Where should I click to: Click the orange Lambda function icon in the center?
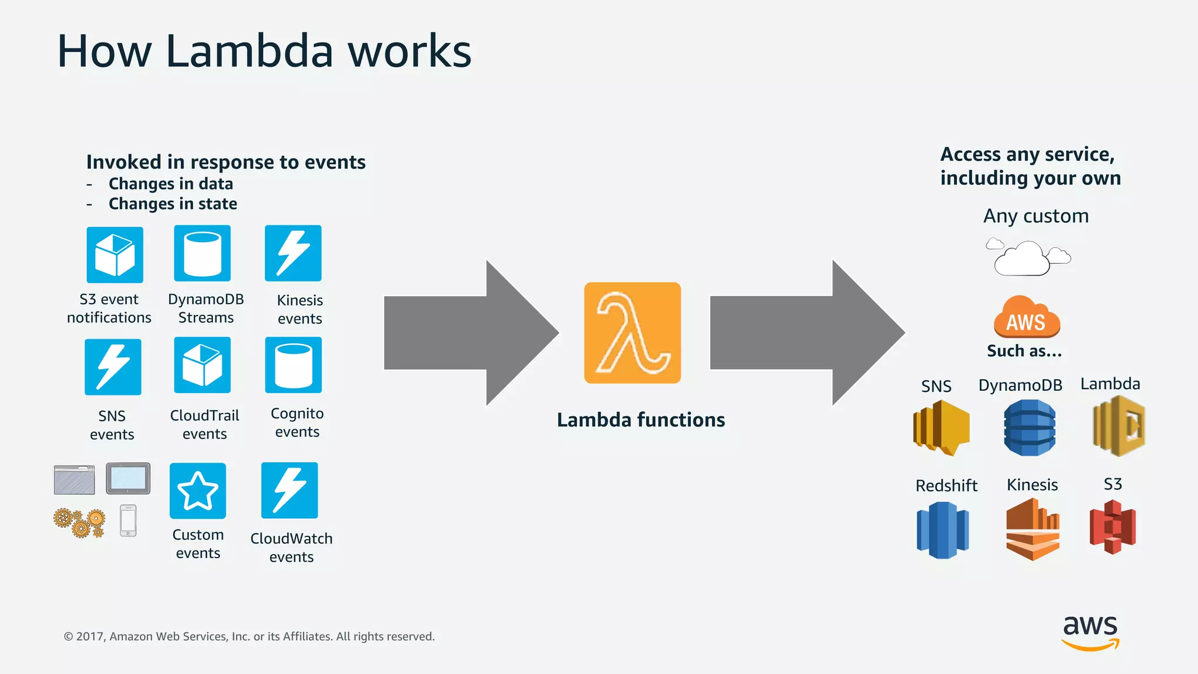point(632,333)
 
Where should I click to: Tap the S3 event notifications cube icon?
point(115,255)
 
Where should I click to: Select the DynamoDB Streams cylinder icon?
point(202,253)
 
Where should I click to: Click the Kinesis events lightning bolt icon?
point(293,253)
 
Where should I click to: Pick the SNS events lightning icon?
point(113,367)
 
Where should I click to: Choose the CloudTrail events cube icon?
point(202,365)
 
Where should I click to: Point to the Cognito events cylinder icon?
point(293,365)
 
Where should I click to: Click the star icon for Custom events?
point(198,491)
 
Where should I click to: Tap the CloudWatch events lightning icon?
point(290,490)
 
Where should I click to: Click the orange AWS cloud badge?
point(1027,318)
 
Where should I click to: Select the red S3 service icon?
point(1113,527)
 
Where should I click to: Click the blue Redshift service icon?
point(942,530)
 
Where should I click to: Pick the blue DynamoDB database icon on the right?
point(1030,428)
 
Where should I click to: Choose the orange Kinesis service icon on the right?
point(1032,529)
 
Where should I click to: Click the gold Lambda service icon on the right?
point(1118,426)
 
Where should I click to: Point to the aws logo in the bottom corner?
point(1090,632)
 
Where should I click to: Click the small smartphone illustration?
point(128,520)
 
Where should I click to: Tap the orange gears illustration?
point(80,522)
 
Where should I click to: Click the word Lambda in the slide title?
point(249,51)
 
